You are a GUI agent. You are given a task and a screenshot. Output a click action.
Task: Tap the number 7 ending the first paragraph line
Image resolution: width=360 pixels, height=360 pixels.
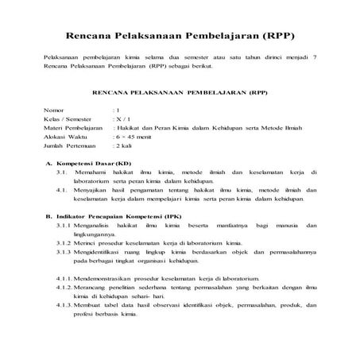[x=315, y=60]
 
